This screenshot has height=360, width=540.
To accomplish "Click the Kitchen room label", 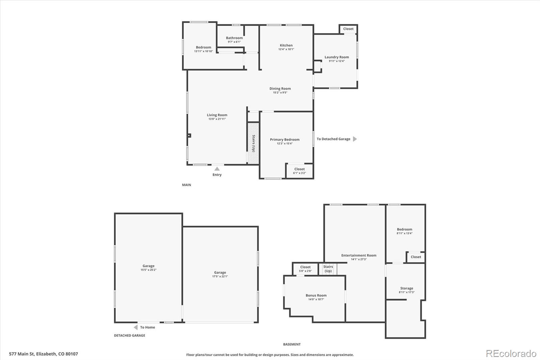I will (x=286, y=45).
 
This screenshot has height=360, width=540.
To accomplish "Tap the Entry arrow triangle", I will (x=217, y=169).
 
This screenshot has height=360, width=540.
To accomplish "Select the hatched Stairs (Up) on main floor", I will (x=253, y=143).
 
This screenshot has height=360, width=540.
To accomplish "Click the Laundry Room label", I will (x=336, y=57).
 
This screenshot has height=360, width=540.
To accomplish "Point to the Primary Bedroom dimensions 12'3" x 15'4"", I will (x=285, y=144).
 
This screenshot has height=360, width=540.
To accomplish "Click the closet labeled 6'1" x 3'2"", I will (x=299, y=171).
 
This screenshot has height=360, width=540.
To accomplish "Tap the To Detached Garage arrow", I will (x=355, y=139).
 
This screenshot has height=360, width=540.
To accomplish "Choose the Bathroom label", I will (x=234, y=38).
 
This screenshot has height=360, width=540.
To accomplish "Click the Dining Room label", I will (x=280, y=88).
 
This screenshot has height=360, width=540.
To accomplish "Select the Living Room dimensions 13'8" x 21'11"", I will (x=217, y=119).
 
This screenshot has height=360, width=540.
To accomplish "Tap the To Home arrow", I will (x=136, y=327).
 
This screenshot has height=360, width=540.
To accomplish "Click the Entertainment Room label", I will (x=358, y=255).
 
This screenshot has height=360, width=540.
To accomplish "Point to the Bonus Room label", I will (x=316, y=295).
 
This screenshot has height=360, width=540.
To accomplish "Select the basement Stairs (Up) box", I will (x=328, y=269).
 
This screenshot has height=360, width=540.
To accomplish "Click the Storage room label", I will (x=406, y=288).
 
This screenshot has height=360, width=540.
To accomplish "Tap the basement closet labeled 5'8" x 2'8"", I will (x=305, y=269).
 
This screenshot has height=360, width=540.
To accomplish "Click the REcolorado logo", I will (x=511, y=354).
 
